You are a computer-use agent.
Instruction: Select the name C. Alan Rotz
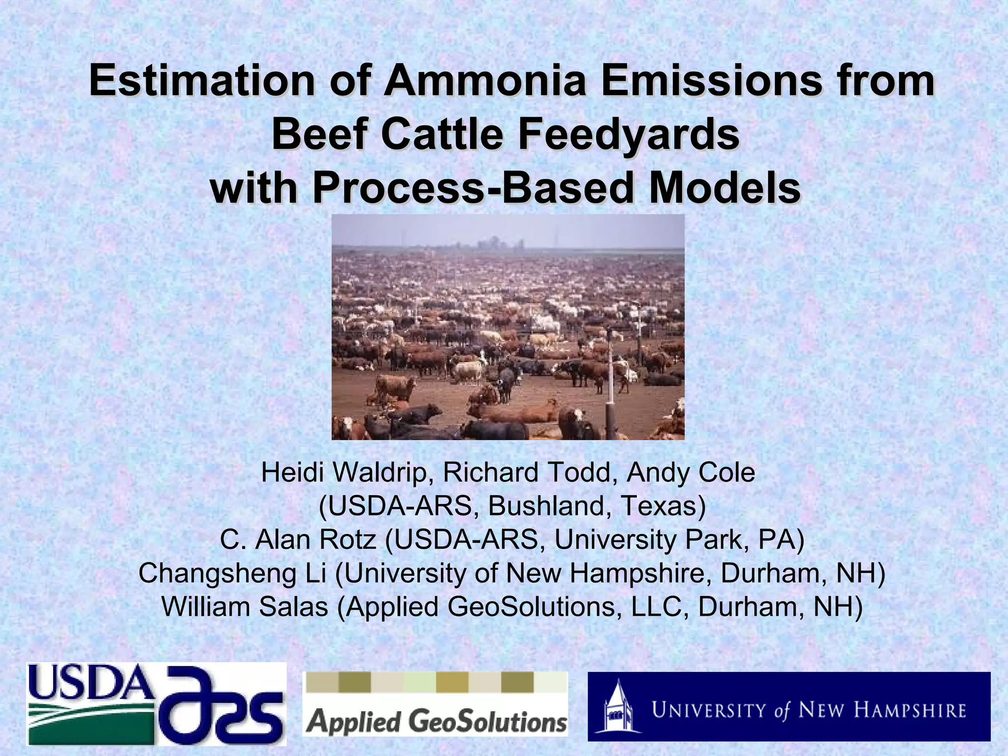298,540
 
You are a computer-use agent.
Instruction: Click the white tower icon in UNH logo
617,708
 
